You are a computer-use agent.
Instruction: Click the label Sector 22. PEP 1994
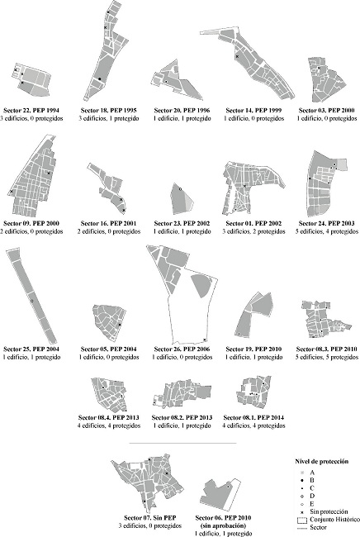coord(31,110)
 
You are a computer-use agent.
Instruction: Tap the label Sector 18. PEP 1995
coord(108,110)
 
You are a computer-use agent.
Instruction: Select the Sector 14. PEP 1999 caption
coord(253,110)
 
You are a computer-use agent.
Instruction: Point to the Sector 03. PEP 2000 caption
coord(326,110)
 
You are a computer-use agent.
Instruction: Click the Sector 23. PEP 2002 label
coord(182,223)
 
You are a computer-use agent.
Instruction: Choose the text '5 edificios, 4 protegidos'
coord(326,231)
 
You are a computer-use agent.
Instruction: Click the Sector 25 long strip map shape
coord(31,297)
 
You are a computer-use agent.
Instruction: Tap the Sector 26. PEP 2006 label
coord(182,349)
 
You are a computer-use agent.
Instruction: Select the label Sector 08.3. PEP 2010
coord(326,349)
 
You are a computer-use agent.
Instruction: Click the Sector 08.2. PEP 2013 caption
coord(182,417)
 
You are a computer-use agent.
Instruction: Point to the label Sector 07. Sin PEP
coord(150,517)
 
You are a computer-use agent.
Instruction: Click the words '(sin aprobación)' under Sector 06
coord(223,525)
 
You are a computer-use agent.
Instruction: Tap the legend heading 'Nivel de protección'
coord(321,461)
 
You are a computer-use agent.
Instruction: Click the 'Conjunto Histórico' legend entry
coord(329,520)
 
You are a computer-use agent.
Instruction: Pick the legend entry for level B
coord(308,480)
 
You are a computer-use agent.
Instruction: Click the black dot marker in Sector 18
coord(99,79)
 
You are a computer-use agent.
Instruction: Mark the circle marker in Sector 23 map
coord(180,188)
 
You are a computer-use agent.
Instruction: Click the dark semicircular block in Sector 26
coord(201,285)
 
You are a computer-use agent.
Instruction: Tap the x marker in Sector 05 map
coord(120,325)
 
